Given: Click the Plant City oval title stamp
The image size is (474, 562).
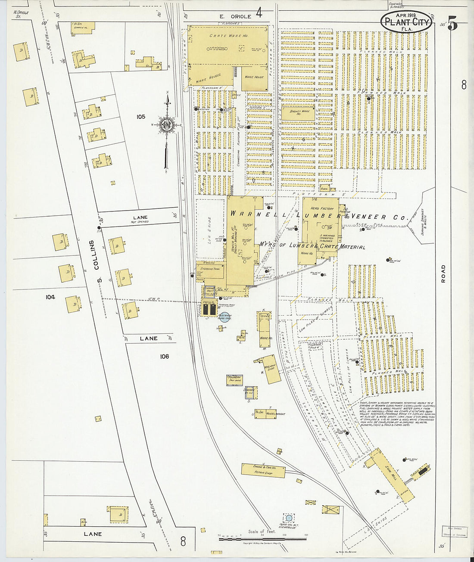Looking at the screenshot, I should point(406,21).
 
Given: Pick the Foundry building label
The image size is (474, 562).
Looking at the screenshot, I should point(235,379).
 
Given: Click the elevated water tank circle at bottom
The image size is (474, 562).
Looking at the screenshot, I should point(289,518).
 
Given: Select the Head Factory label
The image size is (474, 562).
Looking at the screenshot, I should point(322,208).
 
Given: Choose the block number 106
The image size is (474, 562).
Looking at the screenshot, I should point(164,356).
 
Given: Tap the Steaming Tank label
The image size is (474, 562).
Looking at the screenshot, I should point(209,269).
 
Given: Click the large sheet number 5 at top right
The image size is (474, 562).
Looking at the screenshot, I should point(452,24).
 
